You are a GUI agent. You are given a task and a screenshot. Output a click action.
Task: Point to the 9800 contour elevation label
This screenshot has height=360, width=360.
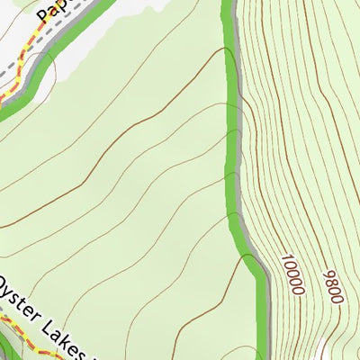point(331,285)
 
